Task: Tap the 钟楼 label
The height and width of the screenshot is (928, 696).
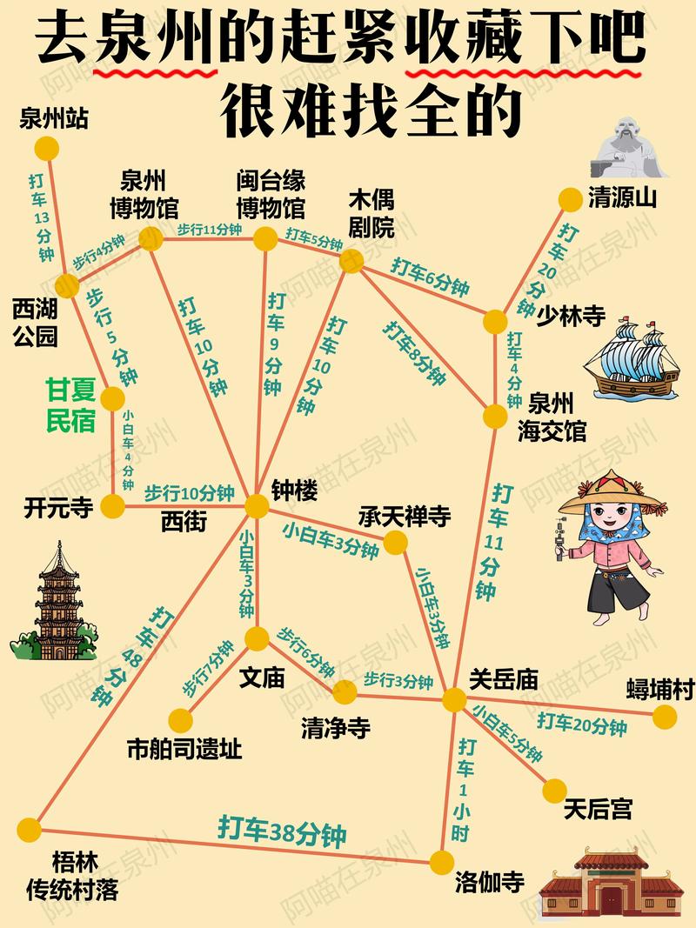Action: [294, 491]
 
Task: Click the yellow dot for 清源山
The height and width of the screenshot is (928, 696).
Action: [570, 199]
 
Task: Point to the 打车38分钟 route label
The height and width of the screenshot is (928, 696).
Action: [282, 832]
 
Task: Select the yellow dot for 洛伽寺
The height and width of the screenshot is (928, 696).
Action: [442, 862]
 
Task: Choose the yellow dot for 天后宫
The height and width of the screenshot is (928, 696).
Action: [554, 791]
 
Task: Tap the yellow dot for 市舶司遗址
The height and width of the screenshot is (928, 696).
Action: [180, 720]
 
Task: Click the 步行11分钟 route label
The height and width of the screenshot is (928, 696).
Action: [209, 229]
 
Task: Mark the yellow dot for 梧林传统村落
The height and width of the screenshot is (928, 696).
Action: [30, 830]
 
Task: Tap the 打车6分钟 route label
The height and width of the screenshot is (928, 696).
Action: [430, 277]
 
